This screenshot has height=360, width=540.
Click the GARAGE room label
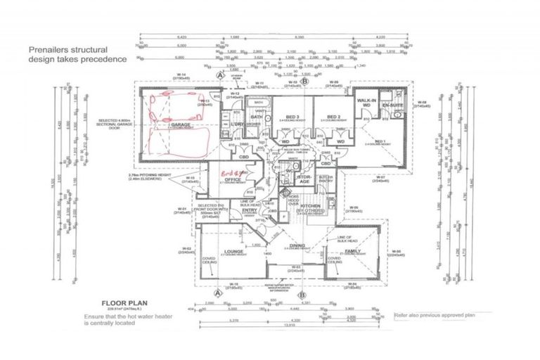181,124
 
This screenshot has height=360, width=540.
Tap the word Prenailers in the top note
48,50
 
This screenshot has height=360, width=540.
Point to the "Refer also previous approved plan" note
437,316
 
